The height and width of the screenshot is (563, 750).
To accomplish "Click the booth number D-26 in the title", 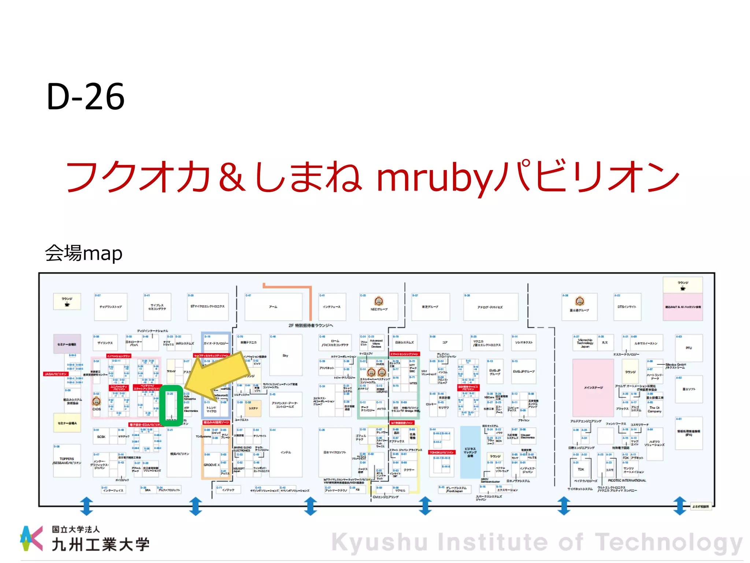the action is tap(86, 96).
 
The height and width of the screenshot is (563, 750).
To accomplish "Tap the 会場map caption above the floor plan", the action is tap(83, 253).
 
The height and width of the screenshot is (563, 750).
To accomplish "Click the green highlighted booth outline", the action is tap(171, 405).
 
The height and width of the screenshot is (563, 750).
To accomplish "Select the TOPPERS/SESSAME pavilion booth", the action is tap(67, 461).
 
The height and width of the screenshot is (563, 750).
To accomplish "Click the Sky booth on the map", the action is tap(286, 355).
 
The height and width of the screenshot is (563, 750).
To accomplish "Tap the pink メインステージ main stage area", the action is tap(593, 387).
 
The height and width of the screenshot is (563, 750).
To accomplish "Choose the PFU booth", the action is tap(689, 348).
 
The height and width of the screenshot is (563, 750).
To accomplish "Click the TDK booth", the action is tap(581, 470).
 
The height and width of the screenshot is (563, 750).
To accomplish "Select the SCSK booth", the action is tap(101, 437).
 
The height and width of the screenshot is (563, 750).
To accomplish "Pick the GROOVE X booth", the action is tap(212, 465).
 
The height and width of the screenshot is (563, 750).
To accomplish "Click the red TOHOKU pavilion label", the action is tap(442, 452).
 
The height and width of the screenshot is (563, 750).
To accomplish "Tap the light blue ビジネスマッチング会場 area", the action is tap(470, 452).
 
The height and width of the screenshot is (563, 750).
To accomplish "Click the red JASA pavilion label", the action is tap(56, 374).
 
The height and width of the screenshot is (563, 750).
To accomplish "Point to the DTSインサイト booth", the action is tap(627, 307).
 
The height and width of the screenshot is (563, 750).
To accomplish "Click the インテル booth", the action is tap(286, 452).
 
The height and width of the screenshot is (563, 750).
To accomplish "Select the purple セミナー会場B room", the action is tap(67, 344).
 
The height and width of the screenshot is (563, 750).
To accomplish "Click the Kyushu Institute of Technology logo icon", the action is tap(31, 538).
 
